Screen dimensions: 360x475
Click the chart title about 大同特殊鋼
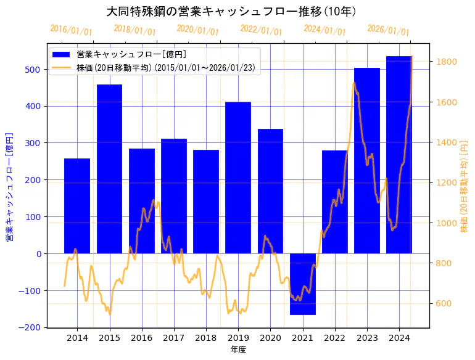click(x=231, y=11)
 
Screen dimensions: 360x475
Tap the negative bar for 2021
click(x=303, y=284)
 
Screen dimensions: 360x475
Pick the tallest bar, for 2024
click(x=399, y=154)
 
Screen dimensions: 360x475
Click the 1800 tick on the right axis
click(x=446, y=62)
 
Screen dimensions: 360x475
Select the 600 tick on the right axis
click(x=444, y=303)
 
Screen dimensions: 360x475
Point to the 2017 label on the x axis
click(x=174, y=338)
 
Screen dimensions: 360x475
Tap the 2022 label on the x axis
click(x=335, y=338)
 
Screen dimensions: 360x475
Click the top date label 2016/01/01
click(x=71, y=30)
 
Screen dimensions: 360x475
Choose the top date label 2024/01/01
click(x=324, y=30)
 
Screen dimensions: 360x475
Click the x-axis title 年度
click(x=238, y=350)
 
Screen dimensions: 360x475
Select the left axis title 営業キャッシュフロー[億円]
click(x=10, y=186)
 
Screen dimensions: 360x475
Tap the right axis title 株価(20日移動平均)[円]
click(x=464, y=186)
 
